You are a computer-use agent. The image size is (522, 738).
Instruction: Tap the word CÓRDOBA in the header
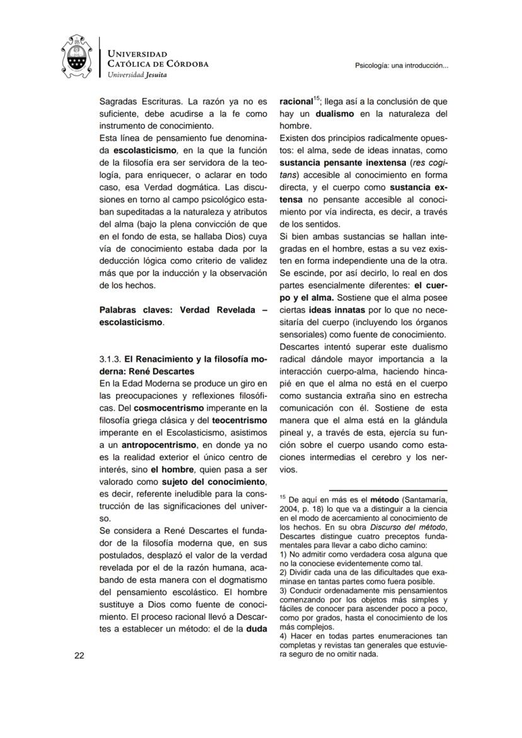(x=183, y=64)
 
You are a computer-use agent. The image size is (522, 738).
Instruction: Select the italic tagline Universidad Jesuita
(x=137, y=74)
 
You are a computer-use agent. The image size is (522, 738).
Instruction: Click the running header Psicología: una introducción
(x=402, y=66)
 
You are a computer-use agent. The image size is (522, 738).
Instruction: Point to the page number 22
(x=79, y=655)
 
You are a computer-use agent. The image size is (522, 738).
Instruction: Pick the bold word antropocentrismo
(x=158, y=445)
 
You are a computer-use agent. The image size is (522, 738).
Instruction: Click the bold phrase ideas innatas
(x=333, y=311)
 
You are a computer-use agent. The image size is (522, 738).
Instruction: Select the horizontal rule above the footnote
(x=388, y=490)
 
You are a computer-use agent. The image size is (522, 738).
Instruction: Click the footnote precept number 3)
(x=283, y=591)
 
